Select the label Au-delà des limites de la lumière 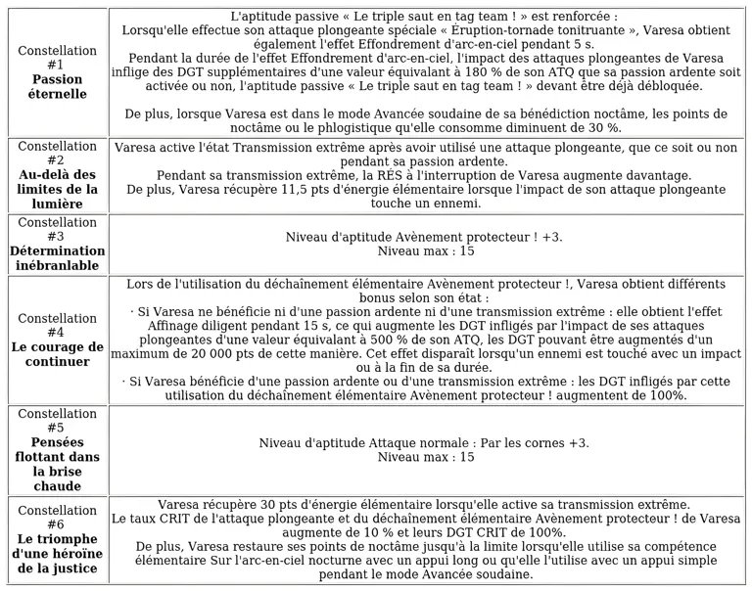pyautogui.click(x=58, y=189)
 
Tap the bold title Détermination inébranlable pyautogui.click(x=58, y=258)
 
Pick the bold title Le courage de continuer pyautogui.click(x=58, y=354)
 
